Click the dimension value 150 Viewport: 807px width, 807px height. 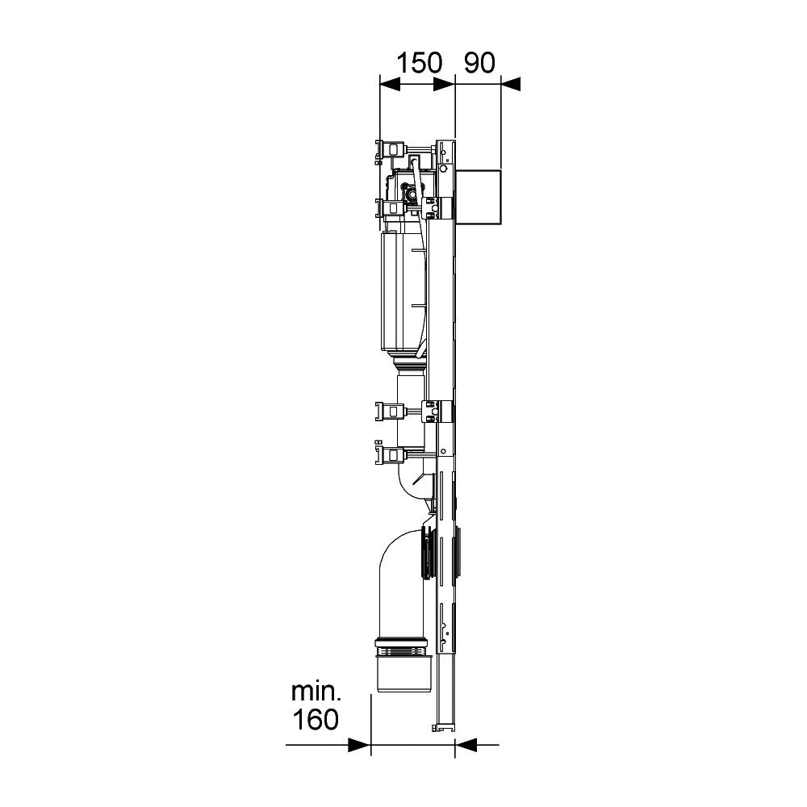(419, 63)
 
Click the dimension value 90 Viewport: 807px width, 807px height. (479, 63)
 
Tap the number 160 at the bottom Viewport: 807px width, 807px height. (316, 719)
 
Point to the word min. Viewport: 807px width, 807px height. (316, 692)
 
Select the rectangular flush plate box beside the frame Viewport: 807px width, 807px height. (478, 197)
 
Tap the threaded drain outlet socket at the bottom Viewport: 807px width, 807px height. (402, 665)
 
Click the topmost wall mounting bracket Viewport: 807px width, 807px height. (390, 150)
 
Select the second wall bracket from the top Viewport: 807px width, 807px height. (390, 208)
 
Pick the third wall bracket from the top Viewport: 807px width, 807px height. (390, 412)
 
